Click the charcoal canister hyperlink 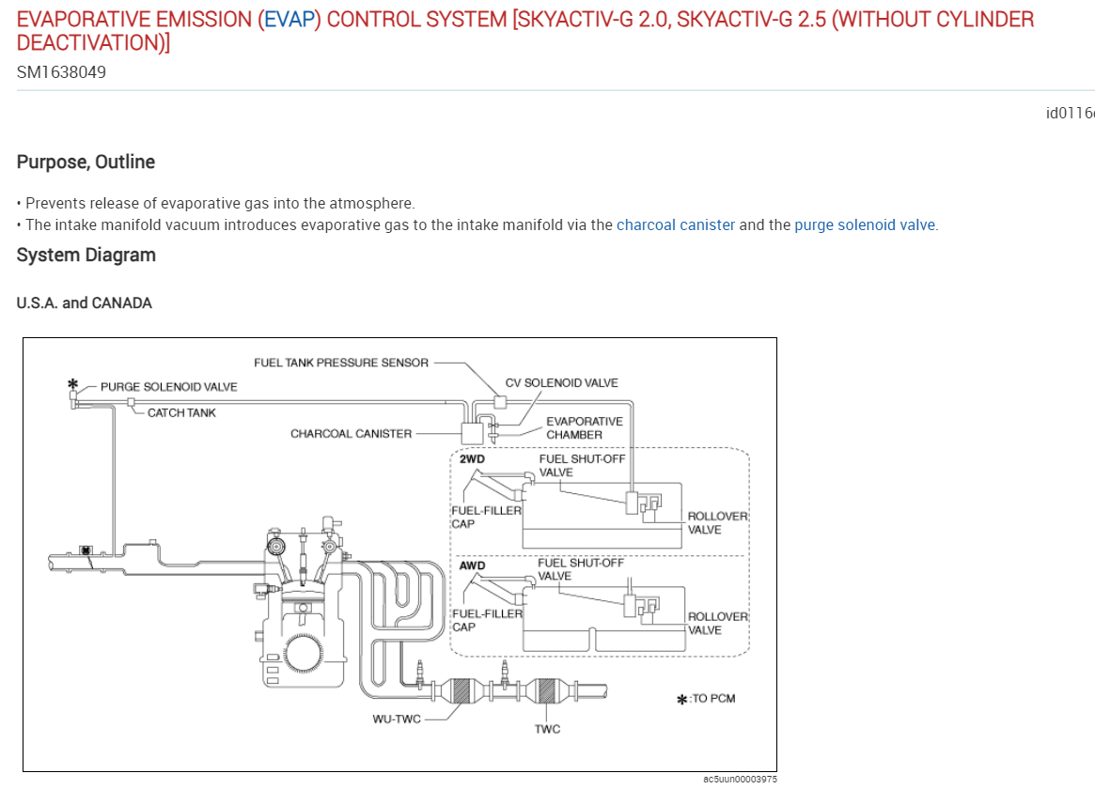click(x=675, y=225)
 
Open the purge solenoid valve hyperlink click(x=865, y=225)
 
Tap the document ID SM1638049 click(x=61, y=71)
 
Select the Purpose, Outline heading click(x=86, y=162)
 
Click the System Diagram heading click(x=86, y=255)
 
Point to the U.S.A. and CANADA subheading click(x=85, y=303)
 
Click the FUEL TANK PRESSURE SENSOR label click(x=341, y=363)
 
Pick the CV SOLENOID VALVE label click(x=561, y=383)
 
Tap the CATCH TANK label click(x=181, y=413)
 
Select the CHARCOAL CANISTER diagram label click(x=351, y=434)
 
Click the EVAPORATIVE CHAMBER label click(x=584, y=428)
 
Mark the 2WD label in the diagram click(x=472, y=460)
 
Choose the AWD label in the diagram click(x=473, y=566)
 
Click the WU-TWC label click(x=396, y=719)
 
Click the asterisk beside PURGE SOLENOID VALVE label click(x=71, y=384)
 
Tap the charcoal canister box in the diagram click(x=471, y=433)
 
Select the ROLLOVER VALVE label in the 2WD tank click(x=717, y=523)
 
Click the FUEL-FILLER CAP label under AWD click(x=487, y=620)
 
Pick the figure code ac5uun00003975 click(x=740, y=779)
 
